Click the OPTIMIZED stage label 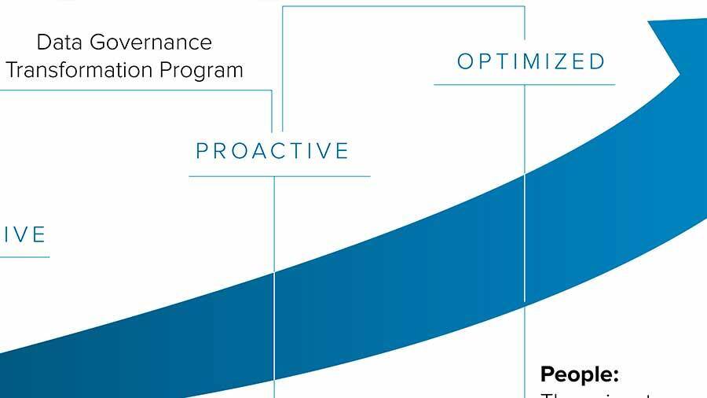click(531, 61)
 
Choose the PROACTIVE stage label click(273, 151)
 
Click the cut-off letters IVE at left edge click(24, 234)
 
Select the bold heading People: click(580, 374)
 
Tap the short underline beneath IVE click(24, 256)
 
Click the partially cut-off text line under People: click(597, 394)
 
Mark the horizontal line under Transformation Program click(134, 89)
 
